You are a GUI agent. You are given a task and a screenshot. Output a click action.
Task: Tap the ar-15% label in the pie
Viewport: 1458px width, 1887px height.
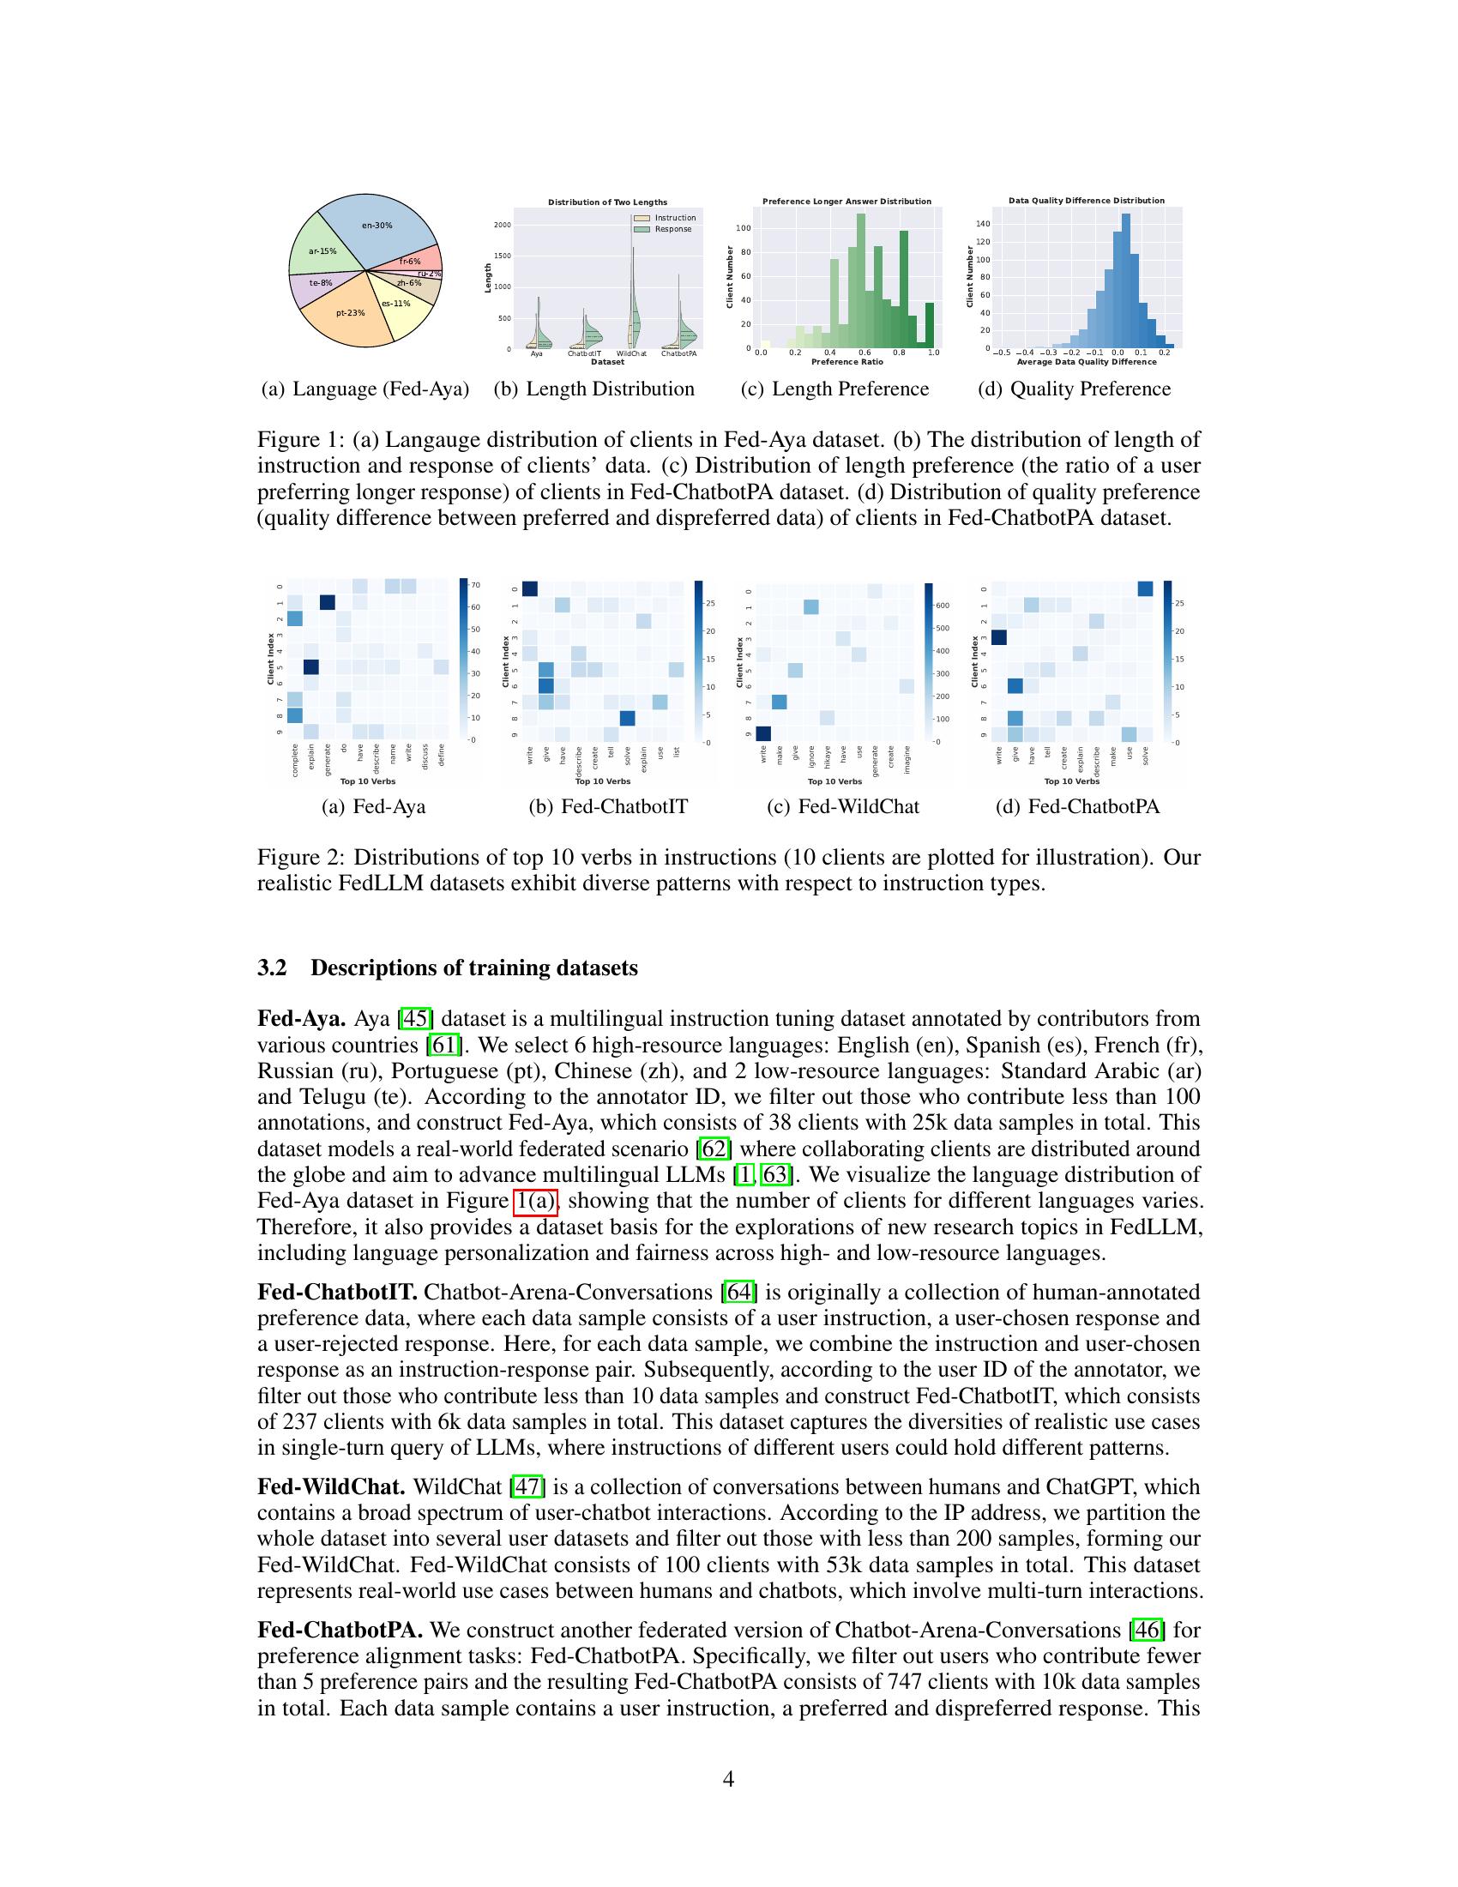[322, 251]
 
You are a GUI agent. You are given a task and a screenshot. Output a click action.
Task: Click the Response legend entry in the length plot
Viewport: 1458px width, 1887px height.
[673, 229]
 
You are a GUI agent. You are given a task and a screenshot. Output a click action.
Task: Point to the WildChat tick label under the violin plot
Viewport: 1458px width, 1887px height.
[631, 353]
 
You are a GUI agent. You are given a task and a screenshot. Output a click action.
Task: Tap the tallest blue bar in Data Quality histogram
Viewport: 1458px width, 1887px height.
[1124, 280]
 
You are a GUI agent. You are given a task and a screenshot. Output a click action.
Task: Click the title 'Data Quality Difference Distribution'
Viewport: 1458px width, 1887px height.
[1086, 201]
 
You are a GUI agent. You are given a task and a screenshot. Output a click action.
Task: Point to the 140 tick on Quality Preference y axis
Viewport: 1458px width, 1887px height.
[982, 224]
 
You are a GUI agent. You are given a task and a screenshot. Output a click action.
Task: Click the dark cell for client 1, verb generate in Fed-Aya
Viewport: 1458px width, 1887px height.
[328, 602]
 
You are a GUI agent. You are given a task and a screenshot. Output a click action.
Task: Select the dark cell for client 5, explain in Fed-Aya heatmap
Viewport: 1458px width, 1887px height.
[311, 667]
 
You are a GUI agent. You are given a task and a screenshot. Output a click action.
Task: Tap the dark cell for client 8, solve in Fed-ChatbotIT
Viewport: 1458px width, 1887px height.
[628, 718]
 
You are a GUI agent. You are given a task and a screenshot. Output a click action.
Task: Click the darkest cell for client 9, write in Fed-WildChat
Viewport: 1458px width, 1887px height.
[762, 733]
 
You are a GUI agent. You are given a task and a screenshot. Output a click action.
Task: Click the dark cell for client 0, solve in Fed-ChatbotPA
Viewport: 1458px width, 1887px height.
[1145, 589]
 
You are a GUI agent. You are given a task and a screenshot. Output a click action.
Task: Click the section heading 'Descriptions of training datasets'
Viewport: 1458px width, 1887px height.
[473, 968]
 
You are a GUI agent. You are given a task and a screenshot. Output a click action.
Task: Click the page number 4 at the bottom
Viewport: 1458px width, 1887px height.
[728, 1779]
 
